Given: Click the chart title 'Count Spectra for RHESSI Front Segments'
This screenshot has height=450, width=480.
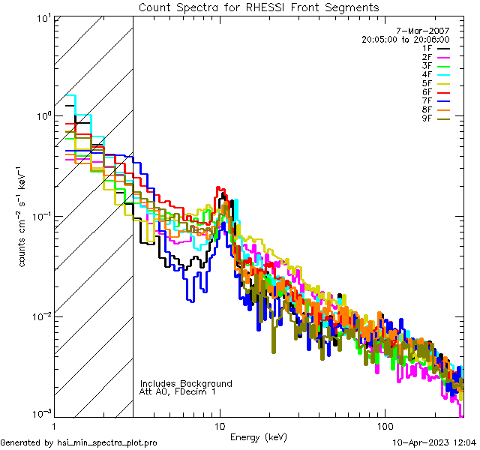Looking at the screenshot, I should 259,7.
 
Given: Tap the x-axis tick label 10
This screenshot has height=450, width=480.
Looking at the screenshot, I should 220,424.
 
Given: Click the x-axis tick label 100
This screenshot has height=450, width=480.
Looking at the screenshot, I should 384,424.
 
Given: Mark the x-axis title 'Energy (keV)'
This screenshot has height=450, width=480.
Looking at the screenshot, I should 259,436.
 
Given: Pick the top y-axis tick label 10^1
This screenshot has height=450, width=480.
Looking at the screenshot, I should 41,18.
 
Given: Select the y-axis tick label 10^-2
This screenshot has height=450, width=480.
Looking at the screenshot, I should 40,316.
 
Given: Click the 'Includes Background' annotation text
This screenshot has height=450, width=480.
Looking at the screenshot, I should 186,383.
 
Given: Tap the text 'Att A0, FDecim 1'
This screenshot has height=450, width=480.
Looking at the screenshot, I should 178,391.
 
